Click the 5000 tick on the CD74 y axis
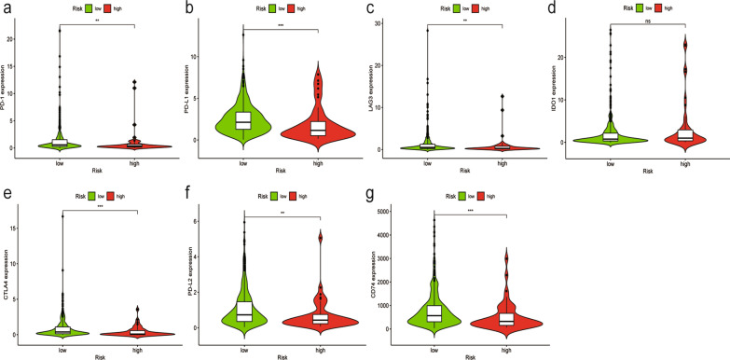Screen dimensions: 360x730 [400, 215]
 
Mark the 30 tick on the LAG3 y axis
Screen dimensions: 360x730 [392, 21]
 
